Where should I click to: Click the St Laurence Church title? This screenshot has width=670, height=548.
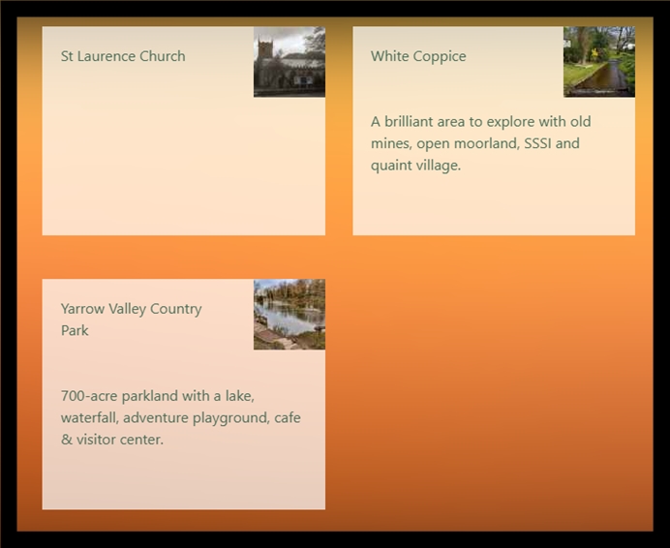(123, 56)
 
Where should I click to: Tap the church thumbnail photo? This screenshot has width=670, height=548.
(289, 62)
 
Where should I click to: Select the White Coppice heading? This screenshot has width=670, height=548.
(418, 56)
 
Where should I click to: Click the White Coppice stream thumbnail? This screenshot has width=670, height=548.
(599, 62)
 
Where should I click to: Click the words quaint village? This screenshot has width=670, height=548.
(415, 166)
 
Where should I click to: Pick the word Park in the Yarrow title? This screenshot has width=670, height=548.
(75, 330)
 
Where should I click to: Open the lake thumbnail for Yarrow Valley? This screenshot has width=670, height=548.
(289, 315)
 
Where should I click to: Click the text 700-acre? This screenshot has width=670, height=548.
(89, 396)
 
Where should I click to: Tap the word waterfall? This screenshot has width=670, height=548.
(90, 417)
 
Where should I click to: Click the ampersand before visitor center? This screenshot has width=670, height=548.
(67, 440)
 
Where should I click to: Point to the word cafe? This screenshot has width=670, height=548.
(288, 417)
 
